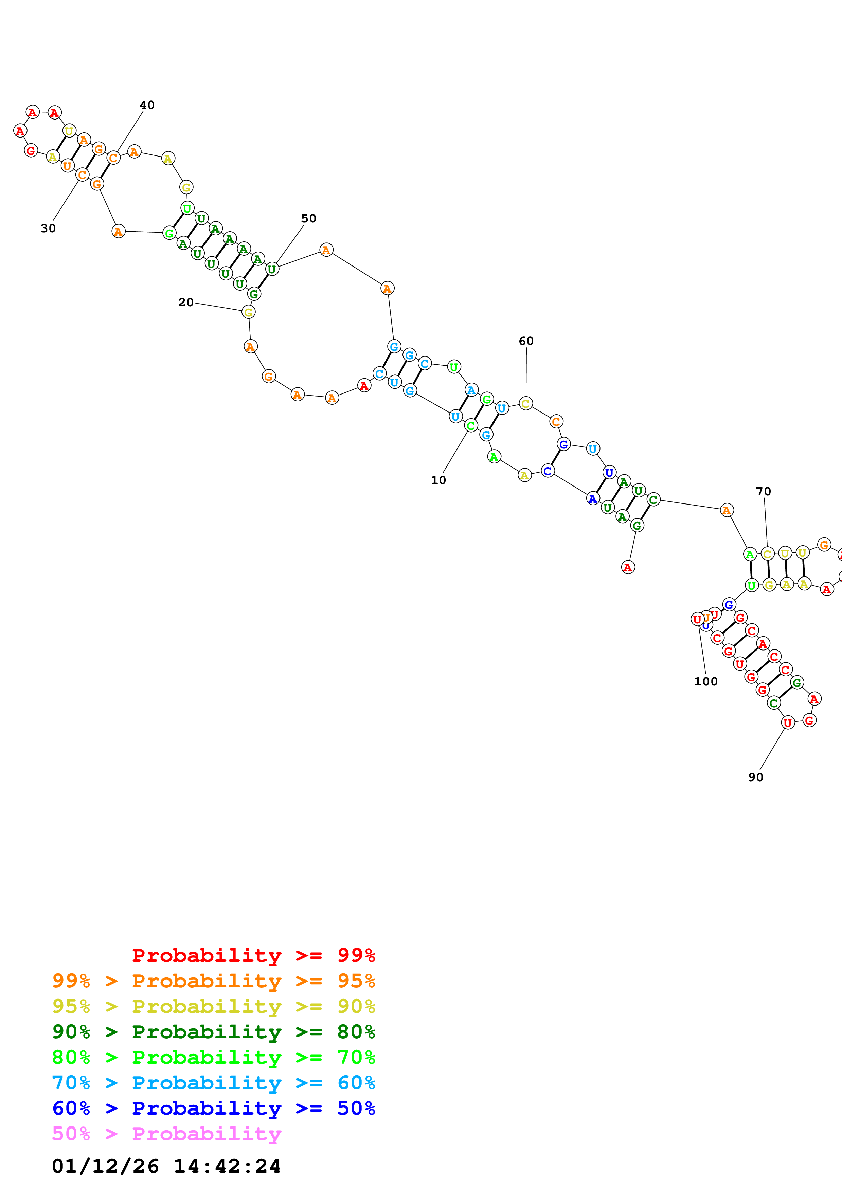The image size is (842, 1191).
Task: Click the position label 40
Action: click(x=147, y=105)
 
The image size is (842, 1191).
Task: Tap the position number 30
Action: click(x=48, y=228)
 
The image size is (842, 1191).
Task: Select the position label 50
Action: click(x=309, y=218)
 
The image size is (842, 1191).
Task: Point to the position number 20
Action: click(x=186, y=303)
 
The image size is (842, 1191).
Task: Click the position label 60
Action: click(x=526, y=341)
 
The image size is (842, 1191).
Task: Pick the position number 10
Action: click(x=438, y=480)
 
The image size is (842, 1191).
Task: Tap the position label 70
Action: click(x=763, y=491)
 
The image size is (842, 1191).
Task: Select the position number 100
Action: click(x=705, y=682)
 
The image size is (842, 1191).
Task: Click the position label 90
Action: click(x=755, y=777)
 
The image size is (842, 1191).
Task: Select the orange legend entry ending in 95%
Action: click(x=214, y=981)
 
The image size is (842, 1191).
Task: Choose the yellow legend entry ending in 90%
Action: click(x=214, y=1006)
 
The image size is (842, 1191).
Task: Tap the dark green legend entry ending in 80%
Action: click(x=214, y=1032)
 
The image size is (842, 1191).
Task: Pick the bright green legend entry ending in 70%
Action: click(x=214, y=1057)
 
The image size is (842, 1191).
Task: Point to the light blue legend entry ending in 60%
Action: click(x=214, y=1083)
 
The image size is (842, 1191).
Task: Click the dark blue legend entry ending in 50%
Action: click(x=214, y=1108)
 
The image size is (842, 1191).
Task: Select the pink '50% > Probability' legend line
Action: click(x=166, y=1133)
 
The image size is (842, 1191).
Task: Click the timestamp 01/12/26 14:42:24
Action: click(x=166, y=1166)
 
